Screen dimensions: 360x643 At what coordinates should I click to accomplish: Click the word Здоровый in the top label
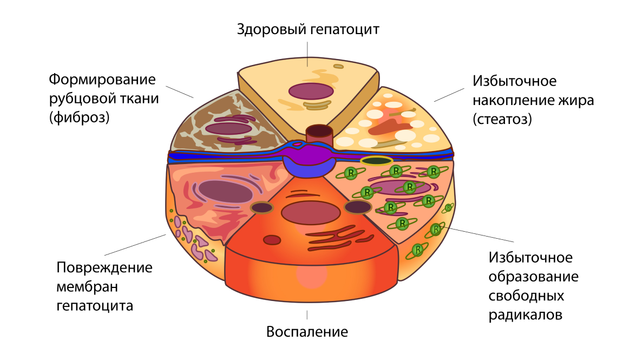[x=272, y=29]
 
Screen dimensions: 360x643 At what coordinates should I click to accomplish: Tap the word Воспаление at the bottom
[x=307, y=331]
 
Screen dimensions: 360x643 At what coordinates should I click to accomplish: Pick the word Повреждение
[x=104, y=268]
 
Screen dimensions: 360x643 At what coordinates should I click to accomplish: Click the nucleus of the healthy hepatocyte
[x=311, y=90]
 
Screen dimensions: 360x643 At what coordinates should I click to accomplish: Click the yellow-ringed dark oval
[x=376, y=161]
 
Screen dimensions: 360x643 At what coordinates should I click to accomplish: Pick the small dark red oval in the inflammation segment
[x=272, y=240]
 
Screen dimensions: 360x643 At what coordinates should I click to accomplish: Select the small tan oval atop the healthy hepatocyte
[x=338, y=67]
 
